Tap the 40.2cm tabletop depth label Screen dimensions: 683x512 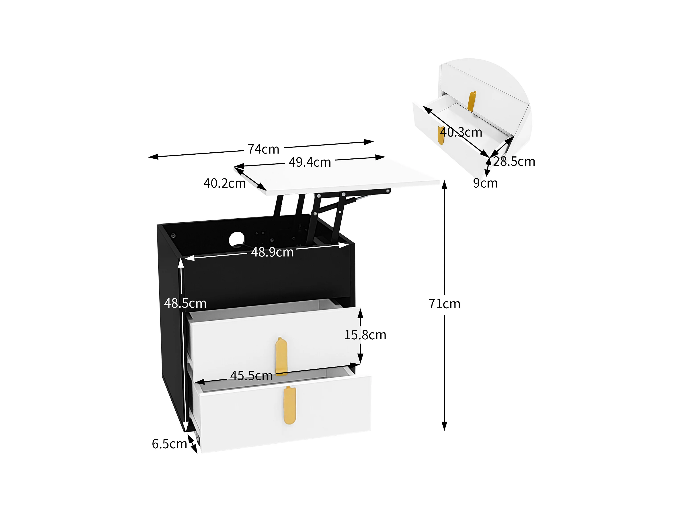(224, 183)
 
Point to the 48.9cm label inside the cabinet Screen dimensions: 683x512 (272, 252)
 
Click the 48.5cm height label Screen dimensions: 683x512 (185, 303)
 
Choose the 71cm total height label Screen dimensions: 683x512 (444, 304)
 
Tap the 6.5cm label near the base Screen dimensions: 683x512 (169, 444)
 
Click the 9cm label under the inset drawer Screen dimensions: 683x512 (485, 183)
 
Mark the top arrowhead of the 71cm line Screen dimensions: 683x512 (444, 184)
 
